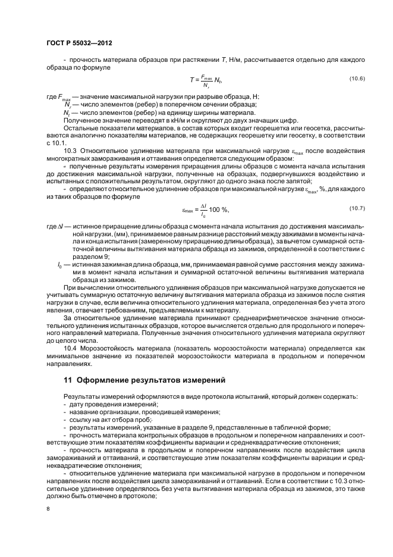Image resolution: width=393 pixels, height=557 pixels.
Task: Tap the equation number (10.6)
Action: click(357, 79)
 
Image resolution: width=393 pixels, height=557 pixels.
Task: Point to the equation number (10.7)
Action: click(357, 207)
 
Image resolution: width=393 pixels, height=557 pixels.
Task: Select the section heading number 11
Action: click(67, 379)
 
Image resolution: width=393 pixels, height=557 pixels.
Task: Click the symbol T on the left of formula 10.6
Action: click(191, 80)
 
